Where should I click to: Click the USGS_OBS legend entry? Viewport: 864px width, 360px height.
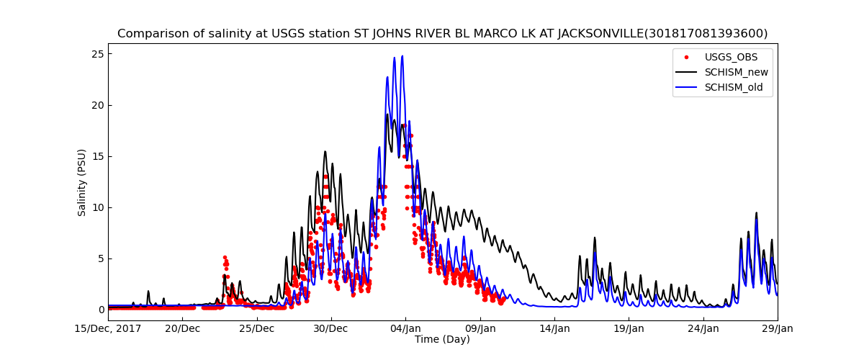coord(721,57)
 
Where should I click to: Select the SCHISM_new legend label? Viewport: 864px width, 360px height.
coord(726,72)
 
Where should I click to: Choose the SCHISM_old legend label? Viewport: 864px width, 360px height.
coord(724,88)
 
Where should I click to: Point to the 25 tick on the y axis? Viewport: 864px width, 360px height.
coord(97,54)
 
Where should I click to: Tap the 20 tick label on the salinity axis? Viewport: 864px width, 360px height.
coord(97,105)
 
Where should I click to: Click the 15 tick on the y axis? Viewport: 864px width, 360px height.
coord(97,156)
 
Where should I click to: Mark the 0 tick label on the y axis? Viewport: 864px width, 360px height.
coord(101,310)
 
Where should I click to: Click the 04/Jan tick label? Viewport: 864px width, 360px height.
coord(405,329)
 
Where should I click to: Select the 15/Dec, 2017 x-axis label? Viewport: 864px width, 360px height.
coord(108,329)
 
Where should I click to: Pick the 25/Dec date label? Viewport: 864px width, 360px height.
coord(256,329)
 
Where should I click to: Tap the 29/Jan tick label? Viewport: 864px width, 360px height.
coord(777,329)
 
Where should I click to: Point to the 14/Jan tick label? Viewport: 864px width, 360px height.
coord(554,329)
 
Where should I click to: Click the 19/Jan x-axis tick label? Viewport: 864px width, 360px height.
coord(628,329)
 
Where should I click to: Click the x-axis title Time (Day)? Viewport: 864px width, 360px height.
coord(442,340)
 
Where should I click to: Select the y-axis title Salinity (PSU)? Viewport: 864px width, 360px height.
coord(82,182)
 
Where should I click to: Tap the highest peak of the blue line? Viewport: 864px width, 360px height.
coord(402,56)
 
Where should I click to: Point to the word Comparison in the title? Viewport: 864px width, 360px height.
coord(150,34)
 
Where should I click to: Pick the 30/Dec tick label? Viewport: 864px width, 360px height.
coord(331,329)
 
